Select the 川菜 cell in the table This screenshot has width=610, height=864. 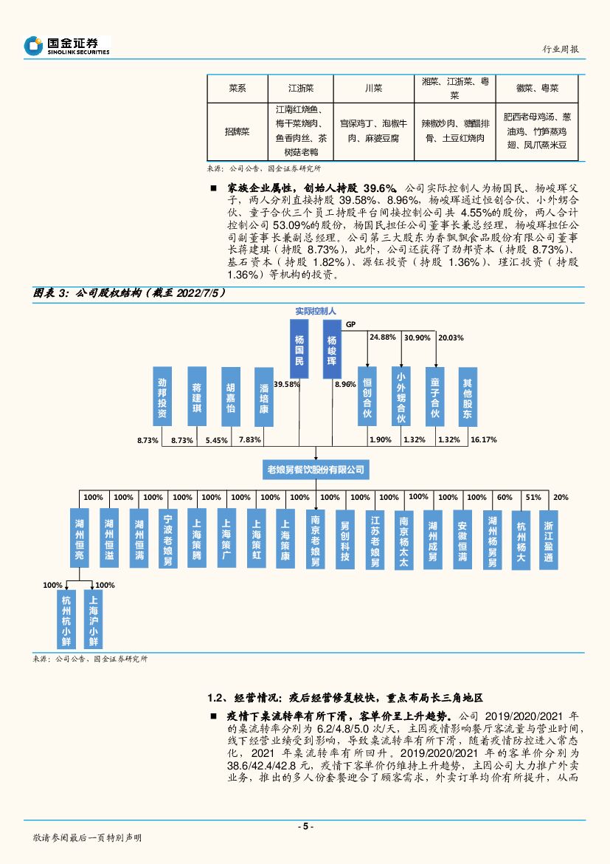pos(373,89)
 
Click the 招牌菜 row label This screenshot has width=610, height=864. pos(237,131)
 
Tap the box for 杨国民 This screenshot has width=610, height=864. pos(299,349)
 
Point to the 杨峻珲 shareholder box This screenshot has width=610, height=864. pos(332,349)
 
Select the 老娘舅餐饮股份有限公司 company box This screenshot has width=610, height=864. pos(315,469)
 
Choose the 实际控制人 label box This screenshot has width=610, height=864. pos(315,312)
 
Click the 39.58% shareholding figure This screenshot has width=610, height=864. pos(286,385)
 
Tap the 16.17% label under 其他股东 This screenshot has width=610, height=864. pos(483,440)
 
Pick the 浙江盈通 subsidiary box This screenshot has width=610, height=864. pos(548,538)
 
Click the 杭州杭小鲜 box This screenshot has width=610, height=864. pos(67,617)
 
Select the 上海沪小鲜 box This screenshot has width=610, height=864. pos(94,617)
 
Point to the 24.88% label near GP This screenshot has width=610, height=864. pos(383,337)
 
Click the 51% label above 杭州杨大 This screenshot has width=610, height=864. pos(533,498)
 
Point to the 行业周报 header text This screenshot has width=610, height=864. pos(560,49)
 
